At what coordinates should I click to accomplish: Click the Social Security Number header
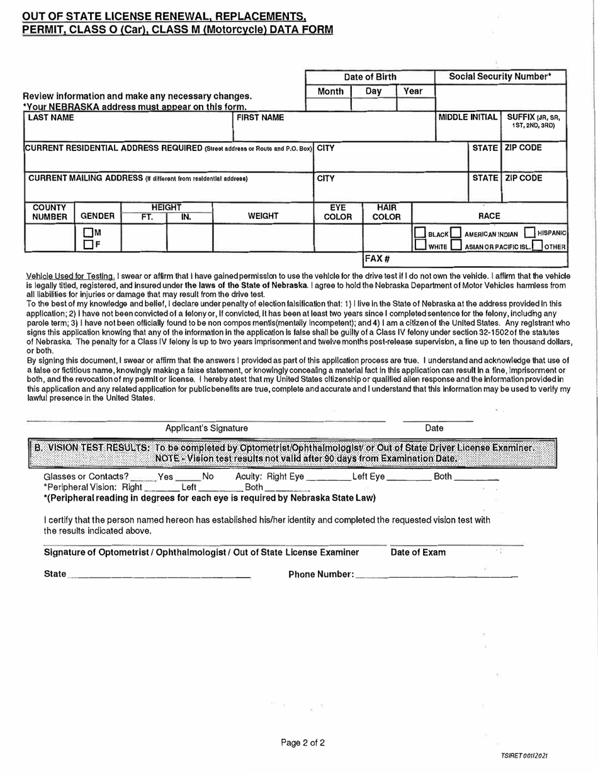pos(500,77)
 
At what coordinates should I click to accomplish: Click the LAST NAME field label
pos(51,118)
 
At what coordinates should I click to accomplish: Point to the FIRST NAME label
pos(260,118)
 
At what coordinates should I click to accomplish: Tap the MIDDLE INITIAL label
pos(467,118)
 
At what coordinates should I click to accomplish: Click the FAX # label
pos(376,259)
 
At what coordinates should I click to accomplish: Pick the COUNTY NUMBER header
pos(50,212)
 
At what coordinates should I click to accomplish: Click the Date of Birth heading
pos(370,77)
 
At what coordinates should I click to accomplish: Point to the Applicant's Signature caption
pos(206,428)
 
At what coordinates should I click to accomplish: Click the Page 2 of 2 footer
pos(303,743)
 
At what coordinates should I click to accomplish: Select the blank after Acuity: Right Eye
pos(327,476)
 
